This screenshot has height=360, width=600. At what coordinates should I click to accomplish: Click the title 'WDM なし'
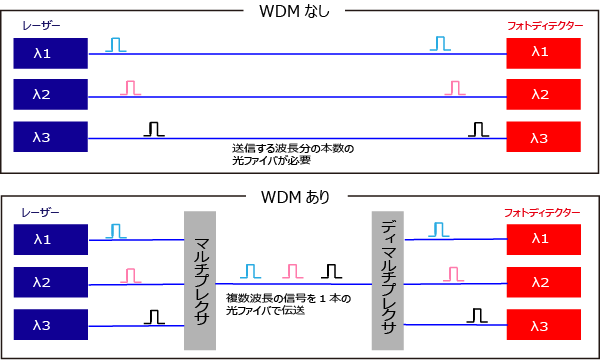coord(294,13)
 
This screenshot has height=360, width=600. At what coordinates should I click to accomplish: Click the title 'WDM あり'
coord(296,196)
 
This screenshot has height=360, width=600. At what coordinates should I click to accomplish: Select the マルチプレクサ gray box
coord(199,280)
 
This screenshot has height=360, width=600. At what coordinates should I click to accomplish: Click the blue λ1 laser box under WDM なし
coord(51,53)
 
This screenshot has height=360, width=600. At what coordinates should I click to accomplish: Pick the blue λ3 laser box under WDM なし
coord(51,137)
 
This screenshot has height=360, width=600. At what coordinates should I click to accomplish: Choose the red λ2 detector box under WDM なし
coord(543,95)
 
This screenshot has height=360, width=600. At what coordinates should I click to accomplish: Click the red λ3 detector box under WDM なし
coord(543,137)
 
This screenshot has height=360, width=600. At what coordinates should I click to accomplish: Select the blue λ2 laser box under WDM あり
coord(51,283)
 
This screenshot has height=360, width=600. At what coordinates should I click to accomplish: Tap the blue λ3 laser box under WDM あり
coord(51,325)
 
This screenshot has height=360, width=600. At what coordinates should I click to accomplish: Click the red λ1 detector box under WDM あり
coord(543,239)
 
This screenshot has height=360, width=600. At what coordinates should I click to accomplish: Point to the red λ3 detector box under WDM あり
coord(543,325)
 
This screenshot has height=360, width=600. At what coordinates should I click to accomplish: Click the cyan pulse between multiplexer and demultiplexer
coord(250,272)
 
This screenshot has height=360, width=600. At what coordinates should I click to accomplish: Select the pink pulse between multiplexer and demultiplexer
coord(292,272)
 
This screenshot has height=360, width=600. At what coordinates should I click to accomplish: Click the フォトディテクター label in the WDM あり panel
coord(542,214)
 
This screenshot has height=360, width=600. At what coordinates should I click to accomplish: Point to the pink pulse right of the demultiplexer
coord(453,273)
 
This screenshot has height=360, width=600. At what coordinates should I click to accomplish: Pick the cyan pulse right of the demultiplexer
coord(438,230)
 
